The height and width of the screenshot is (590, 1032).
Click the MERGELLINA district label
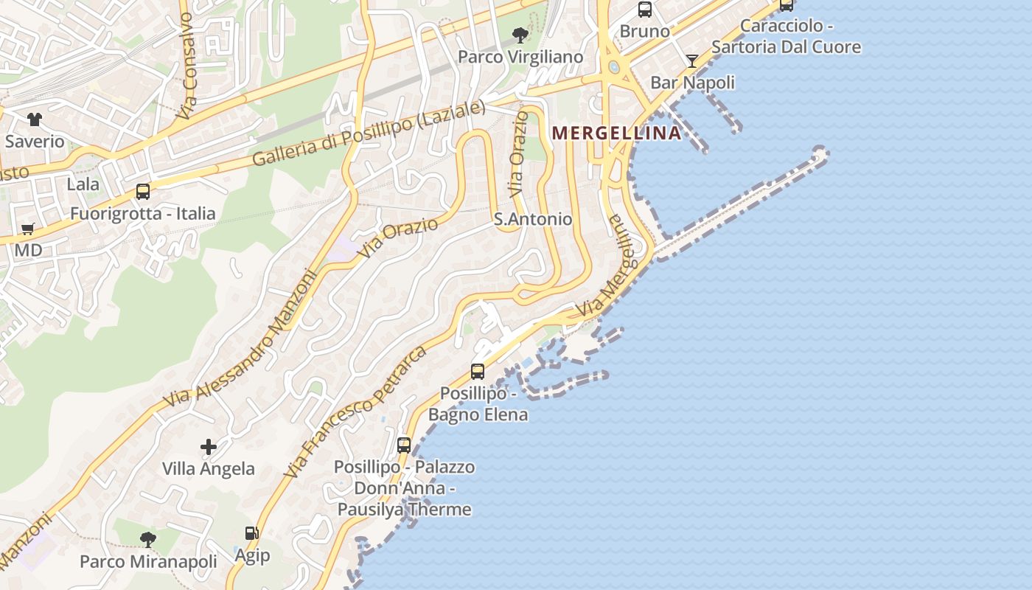pyautogui.click(x=616, y=133)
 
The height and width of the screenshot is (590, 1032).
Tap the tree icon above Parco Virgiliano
pyautogui.click(x=520, y=35)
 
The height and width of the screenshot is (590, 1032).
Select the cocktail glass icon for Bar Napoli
pyautogui.click(x=692, y=61)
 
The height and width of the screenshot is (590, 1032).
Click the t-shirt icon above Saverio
pyautogui.click(x=35, y=119)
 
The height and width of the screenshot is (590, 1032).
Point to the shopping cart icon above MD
pyautogui.click(x=28, y=229)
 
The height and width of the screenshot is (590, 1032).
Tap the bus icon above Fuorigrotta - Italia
pyautogui.click(x=143, y=192)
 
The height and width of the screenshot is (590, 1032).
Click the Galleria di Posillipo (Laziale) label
pyautogui.click(x=369, y=133)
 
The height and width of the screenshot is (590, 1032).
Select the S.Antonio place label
pyautogui.click(x=532, y=219)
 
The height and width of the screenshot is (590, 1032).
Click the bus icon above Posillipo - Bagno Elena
pyautogui.click(x=478, y=371)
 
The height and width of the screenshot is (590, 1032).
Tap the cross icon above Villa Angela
pyautogui.click(x=209, y=446)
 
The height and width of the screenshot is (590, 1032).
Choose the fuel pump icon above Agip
pyautogui.click(x=251, y=532)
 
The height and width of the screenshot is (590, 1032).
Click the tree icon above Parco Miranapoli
pyautogui.click(x=148, y=539)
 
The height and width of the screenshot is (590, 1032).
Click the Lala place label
pyautogui.click(x=83, y=184)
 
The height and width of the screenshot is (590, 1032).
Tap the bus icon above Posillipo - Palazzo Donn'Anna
pyautogui.click(x=404, y=445)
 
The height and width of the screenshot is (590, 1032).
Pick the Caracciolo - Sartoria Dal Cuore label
pyautogui.click(x=786, y=36)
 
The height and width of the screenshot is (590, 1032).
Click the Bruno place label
pyautogui.click(x=644, y=31)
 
